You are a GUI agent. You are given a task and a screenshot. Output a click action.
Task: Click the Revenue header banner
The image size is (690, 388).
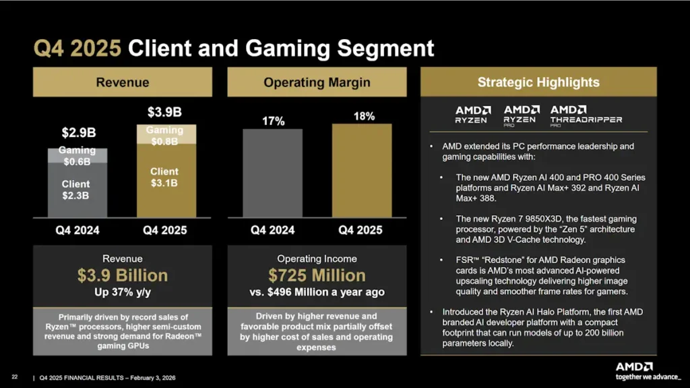[122, 82]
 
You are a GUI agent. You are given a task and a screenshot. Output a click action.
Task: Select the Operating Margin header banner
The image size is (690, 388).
[317, 82]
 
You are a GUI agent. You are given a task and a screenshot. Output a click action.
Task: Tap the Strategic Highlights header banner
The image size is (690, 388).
[538, 82]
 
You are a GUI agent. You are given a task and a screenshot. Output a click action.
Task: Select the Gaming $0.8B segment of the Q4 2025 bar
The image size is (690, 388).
[164, 135]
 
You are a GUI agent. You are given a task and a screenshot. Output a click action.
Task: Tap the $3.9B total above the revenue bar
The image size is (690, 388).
[164, 110]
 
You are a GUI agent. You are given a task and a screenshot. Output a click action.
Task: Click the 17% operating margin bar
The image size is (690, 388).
[272, 173]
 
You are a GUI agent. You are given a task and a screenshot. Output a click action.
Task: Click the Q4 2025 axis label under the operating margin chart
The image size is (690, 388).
[360, 230]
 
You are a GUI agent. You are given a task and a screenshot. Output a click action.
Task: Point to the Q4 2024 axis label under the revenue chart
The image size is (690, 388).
[77, 230]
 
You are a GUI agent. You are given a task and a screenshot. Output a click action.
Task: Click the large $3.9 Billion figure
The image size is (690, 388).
[122, 275]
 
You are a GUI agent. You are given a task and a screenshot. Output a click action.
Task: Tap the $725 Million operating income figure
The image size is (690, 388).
[317, 275]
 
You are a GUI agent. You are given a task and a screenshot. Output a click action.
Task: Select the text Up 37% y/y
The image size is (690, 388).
[122, 292]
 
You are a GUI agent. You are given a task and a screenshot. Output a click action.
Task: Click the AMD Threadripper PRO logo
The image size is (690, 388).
[586, 115]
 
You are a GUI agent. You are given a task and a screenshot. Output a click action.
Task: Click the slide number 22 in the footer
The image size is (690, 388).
[14, 376]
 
